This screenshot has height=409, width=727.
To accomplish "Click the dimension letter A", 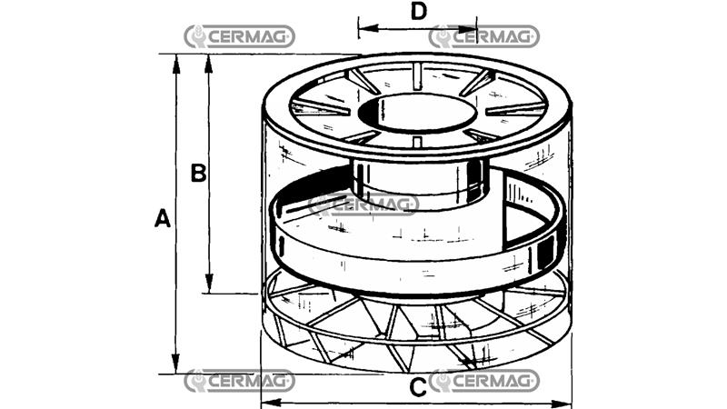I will tap(162, 218).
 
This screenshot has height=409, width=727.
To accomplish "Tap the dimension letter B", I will tap(198, 173).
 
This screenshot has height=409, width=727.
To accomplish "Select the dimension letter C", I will tap(417, 388).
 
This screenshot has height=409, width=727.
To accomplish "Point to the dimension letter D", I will tap(418, 12).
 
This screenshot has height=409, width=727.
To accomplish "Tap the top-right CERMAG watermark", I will tap(484, 36).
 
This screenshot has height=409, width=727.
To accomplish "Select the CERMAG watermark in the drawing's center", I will tap(363, 204).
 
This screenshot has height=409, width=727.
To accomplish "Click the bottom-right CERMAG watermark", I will tap(484, 381).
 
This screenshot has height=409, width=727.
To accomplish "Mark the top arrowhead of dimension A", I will tap(176, 60).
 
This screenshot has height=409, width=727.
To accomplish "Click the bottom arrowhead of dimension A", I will tap(176, 367).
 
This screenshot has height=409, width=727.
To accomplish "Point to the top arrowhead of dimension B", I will tap(211, 60).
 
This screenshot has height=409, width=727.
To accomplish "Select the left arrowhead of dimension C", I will tap(267, 402).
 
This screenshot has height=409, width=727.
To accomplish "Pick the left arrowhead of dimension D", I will tap(363, 28).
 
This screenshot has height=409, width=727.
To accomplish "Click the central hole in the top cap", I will tap(416, 113).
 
